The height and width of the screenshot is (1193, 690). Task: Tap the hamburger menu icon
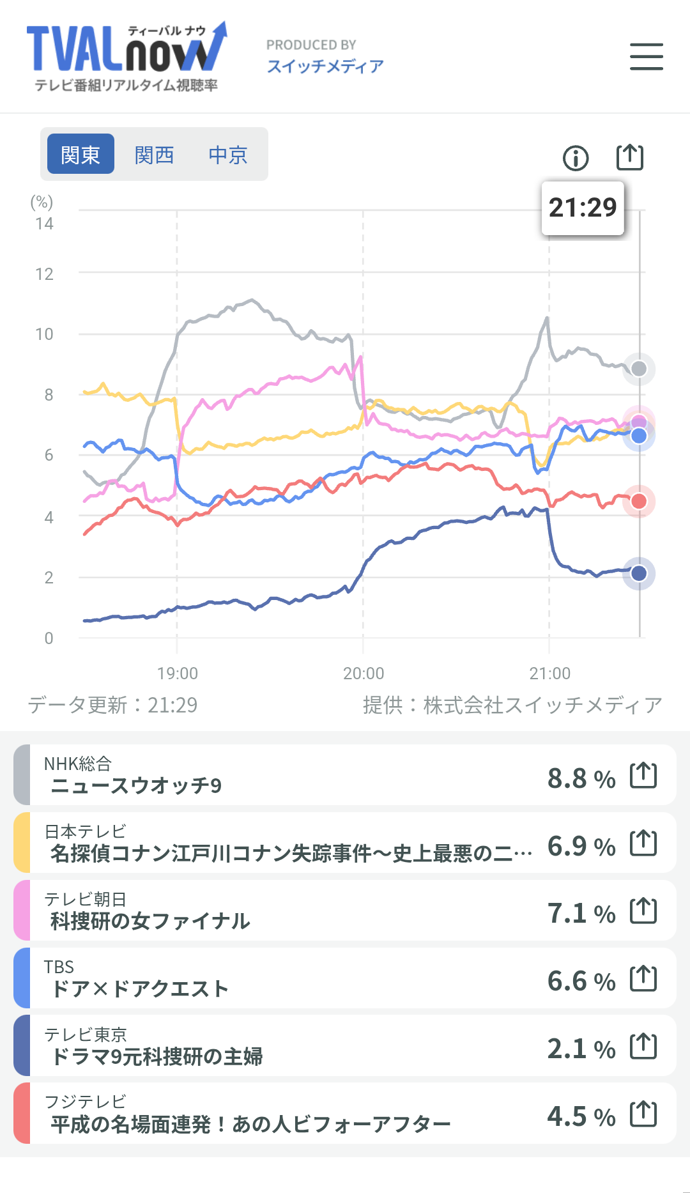646,56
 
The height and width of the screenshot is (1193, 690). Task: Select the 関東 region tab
80,154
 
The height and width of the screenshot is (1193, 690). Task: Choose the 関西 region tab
155,154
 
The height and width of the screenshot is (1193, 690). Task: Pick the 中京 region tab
228,154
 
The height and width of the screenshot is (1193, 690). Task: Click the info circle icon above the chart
576,157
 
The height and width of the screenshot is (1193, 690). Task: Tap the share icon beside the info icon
629,157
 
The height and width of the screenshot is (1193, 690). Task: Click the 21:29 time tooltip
583,208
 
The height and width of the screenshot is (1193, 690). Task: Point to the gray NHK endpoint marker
639,369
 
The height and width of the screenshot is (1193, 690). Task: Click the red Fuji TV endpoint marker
639,502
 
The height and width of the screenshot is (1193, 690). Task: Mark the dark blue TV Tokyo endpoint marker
639,573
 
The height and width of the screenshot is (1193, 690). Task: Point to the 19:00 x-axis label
178,673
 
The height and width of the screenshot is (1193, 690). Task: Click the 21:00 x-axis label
549,673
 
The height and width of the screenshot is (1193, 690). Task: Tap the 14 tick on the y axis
44,224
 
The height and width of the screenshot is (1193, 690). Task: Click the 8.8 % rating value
581,778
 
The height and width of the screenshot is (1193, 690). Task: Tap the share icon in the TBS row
643,978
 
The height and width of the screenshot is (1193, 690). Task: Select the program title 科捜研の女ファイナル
150,921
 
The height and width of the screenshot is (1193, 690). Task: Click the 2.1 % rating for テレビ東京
581,1049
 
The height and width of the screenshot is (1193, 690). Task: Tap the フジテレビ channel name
86,1102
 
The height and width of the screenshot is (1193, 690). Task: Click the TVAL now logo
126,56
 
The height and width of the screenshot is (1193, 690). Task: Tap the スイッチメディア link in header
325,66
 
